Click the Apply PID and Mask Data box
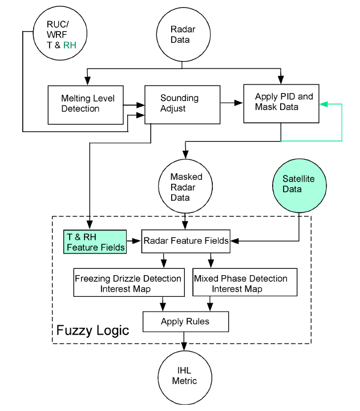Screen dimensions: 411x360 (280, 103)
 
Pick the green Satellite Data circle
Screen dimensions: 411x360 (299, 183)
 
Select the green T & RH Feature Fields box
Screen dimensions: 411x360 (94, 241)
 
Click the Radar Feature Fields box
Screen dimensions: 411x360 (185, 241)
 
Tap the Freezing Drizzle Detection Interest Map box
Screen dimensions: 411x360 (128, 283)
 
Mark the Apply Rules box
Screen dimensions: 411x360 (185, 321)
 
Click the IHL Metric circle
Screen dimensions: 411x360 (184, 375)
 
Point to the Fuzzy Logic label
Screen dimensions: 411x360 (92, 330)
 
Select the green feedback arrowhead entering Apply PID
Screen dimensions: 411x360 (324, 104)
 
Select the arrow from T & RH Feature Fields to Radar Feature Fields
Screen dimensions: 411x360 (134, 241)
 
